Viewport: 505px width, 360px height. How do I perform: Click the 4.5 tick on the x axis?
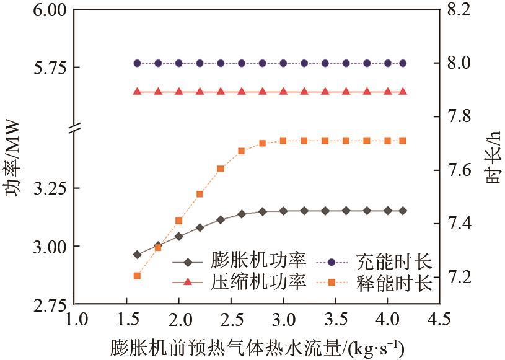(x=439, y=323)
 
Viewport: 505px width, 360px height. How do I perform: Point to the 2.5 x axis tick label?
(x=231, y=323)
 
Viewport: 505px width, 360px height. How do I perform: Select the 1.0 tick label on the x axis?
(x=74, y=323)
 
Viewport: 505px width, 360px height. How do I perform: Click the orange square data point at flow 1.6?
(x=137, y=276)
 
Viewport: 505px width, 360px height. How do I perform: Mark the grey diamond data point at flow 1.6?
(x=137, y=255)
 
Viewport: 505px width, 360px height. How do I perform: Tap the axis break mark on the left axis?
(x=74, y=128)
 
